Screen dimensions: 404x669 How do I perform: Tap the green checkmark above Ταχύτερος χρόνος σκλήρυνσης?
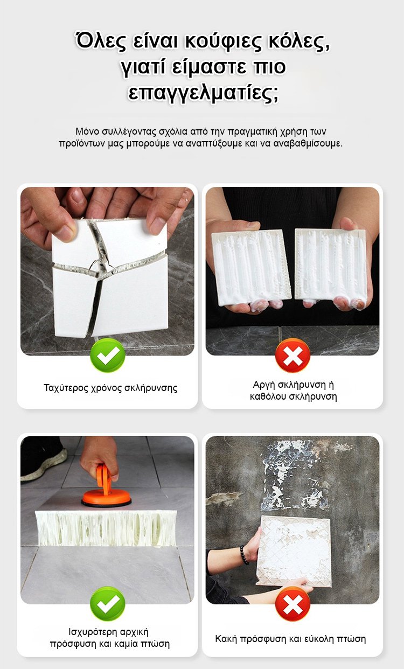coord(108,356)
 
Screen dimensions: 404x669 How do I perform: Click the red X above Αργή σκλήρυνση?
coord(292,356)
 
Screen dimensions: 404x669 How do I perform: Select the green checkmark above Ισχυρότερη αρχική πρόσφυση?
coord(108,604)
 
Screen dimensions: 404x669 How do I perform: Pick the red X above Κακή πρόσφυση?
coord(292,604)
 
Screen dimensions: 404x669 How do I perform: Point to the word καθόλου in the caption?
coord(267,397)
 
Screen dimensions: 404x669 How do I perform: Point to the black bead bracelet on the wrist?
coord(244,555)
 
